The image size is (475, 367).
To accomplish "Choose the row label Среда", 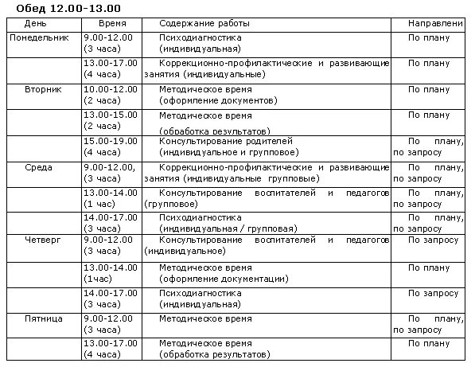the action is point(38,167).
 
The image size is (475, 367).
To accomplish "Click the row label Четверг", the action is point(42,240).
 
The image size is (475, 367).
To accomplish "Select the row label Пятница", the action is point(42,318).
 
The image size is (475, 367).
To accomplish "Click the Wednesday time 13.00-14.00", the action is point(110,193).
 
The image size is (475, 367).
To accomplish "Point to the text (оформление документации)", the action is point(223,278).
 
